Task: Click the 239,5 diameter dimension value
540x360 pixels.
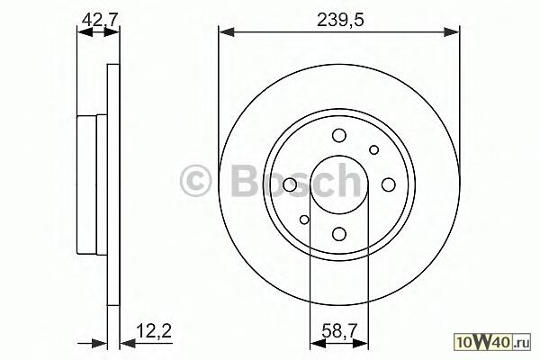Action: click(x=340, y=20)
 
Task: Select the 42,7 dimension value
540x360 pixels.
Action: click(x=97, y=20)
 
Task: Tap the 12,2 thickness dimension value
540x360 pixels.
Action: click(x=154, y=330)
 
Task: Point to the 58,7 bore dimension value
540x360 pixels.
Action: click(x=339, y=332)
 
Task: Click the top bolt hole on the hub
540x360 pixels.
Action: click(x=339, y=135)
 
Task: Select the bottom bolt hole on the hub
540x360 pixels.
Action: click(x=339, y=234)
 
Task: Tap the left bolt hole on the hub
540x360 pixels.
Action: click(x=290, y=184)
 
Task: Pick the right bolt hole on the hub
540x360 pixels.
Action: click(x=389, y=184)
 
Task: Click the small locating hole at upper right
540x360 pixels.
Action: click(x=374, y=150)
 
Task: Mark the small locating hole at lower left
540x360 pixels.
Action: click(x=304, y=220)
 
